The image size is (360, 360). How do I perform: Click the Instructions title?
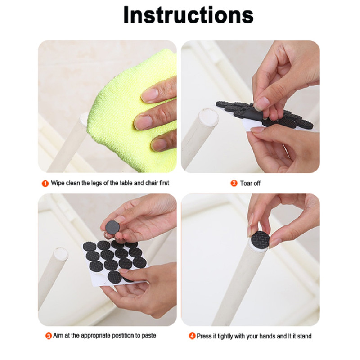coord(188,15)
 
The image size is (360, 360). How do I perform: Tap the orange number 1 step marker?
coord(45,184)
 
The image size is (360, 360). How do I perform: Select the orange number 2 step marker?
coord(234,183)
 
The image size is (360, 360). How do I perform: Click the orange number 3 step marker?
coord(49,336)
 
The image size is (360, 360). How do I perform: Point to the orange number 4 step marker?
coord(192,336)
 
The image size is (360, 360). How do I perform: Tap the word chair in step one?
coord(152,183)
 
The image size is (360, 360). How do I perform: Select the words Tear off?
coord(250,184)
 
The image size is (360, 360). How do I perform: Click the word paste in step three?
coord(149,336)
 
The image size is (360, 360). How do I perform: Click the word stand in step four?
coord(305,336)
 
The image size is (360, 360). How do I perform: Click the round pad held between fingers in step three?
coord(112,227)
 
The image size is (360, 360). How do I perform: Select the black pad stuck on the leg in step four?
coord(261,239)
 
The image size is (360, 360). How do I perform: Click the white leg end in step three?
coord(61,254)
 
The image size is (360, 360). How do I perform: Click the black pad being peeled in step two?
coord(252,114)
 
